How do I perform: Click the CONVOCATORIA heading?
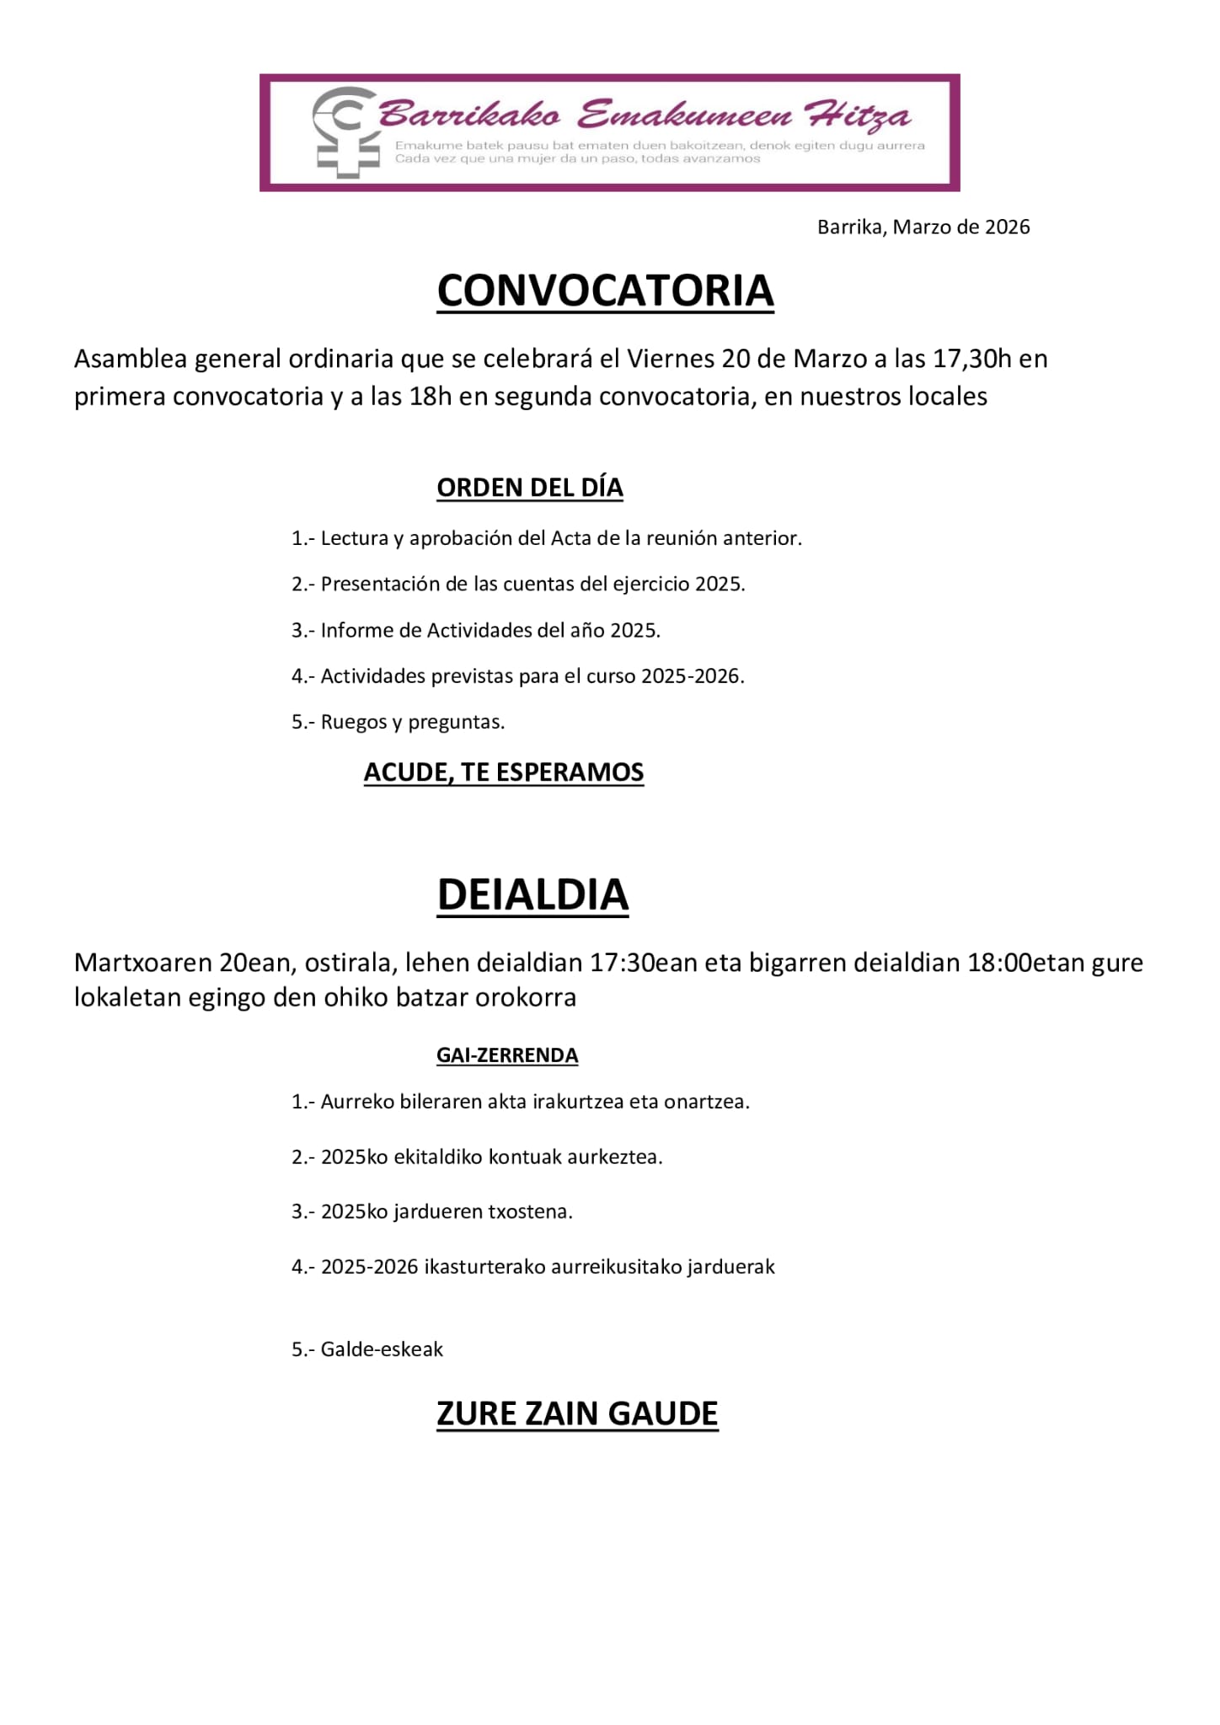605,291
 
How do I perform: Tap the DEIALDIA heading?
532,895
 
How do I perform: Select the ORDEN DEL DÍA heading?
529,488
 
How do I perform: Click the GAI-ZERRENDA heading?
507,1055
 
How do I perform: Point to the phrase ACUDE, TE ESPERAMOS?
504,772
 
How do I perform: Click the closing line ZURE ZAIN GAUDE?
577,1413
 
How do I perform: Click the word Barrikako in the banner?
469,115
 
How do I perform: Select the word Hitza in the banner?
857,115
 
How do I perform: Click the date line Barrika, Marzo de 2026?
923,227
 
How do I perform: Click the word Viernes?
671,359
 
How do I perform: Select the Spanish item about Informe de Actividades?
476,630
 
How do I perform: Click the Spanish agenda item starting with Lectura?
547,538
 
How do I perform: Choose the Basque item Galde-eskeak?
367,1349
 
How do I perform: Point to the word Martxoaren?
143,963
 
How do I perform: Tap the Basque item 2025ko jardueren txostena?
432,1212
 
